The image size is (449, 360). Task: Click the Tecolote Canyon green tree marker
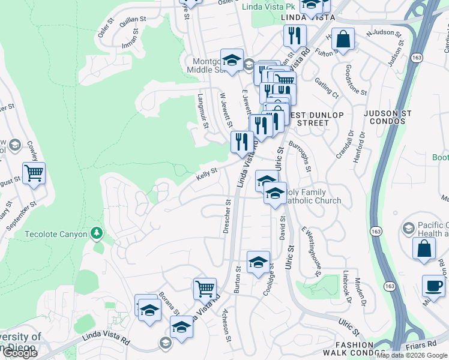[x=96, y=233]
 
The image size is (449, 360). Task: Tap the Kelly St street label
[x=206, y=175]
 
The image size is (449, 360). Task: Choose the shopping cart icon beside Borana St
[x=205, y=289]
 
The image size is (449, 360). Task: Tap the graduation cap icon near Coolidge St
[x=258, y=262]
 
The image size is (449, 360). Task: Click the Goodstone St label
[x=357, y=82]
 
